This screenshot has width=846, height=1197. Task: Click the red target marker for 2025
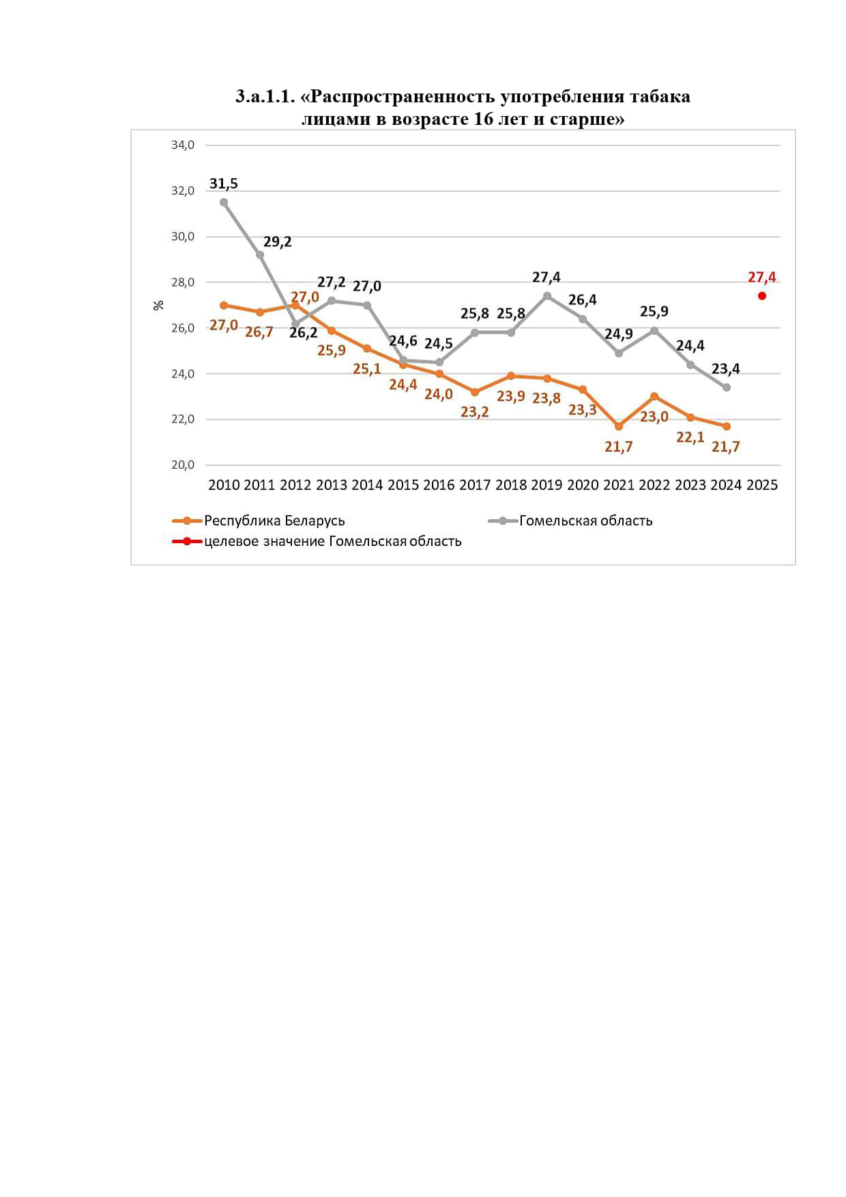tap(761, 295)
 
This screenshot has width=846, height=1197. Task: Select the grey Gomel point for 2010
tap(224, 202)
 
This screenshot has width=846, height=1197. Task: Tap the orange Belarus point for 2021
tap(619, 426)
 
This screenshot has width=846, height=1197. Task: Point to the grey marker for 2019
tap(547, 295)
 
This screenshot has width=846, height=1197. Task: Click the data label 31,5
tap(224, 184)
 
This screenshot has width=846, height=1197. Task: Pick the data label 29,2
tap(277, 242)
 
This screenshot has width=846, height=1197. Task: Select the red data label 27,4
tap(761, 277)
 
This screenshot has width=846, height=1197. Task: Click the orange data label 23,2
tap(475, 412)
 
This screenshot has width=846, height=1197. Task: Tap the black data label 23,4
tap(725, 369)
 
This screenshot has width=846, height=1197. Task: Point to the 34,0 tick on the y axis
tap(183, 145)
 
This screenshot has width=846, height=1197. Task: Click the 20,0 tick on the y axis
tap(183, 465)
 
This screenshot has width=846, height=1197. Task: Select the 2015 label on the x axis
tap(403, 485)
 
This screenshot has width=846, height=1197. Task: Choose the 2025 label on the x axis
tap(761, 485)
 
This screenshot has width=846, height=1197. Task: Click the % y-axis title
tap(159, 305)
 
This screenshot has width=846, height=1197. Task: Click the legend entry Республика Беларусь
tap(274, 521)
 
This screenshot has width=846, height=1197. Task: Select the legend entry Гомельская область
tap(585, 521)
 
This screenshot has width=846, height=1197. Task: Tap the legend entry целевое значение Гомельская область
tap(333, 541)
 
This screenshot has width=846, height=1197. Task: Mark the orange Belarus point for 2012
tap(295, 305)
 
